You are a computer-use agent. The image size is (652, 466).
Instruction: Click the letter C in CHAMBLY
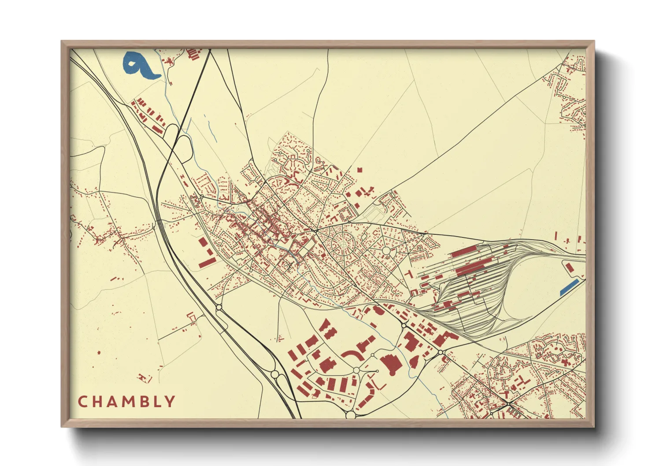pyautogui.click(x=82, y=402)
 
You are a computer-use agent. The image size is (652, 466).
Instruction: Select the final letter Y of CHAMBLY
pyautogui.click(x=170, y=402)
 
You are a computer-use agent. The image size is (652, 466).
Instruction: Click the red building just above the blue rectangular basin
pyautogui.click(x=569, y=268)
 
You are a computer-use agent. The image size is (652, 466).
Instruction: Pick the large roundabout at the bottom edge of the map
pyautogui.click(x=350, y=414)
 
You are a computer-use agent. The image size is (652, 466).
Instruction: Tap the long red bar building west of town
pyautogui.click(x=207, y=263)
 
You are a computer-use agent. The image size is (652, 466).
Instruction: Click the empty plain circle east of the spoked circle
pyautogui.click(x=386, y=251)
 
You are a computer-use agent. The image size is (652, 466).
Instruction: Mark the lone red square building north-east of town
pyautogui.click(x=359, y=170)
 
